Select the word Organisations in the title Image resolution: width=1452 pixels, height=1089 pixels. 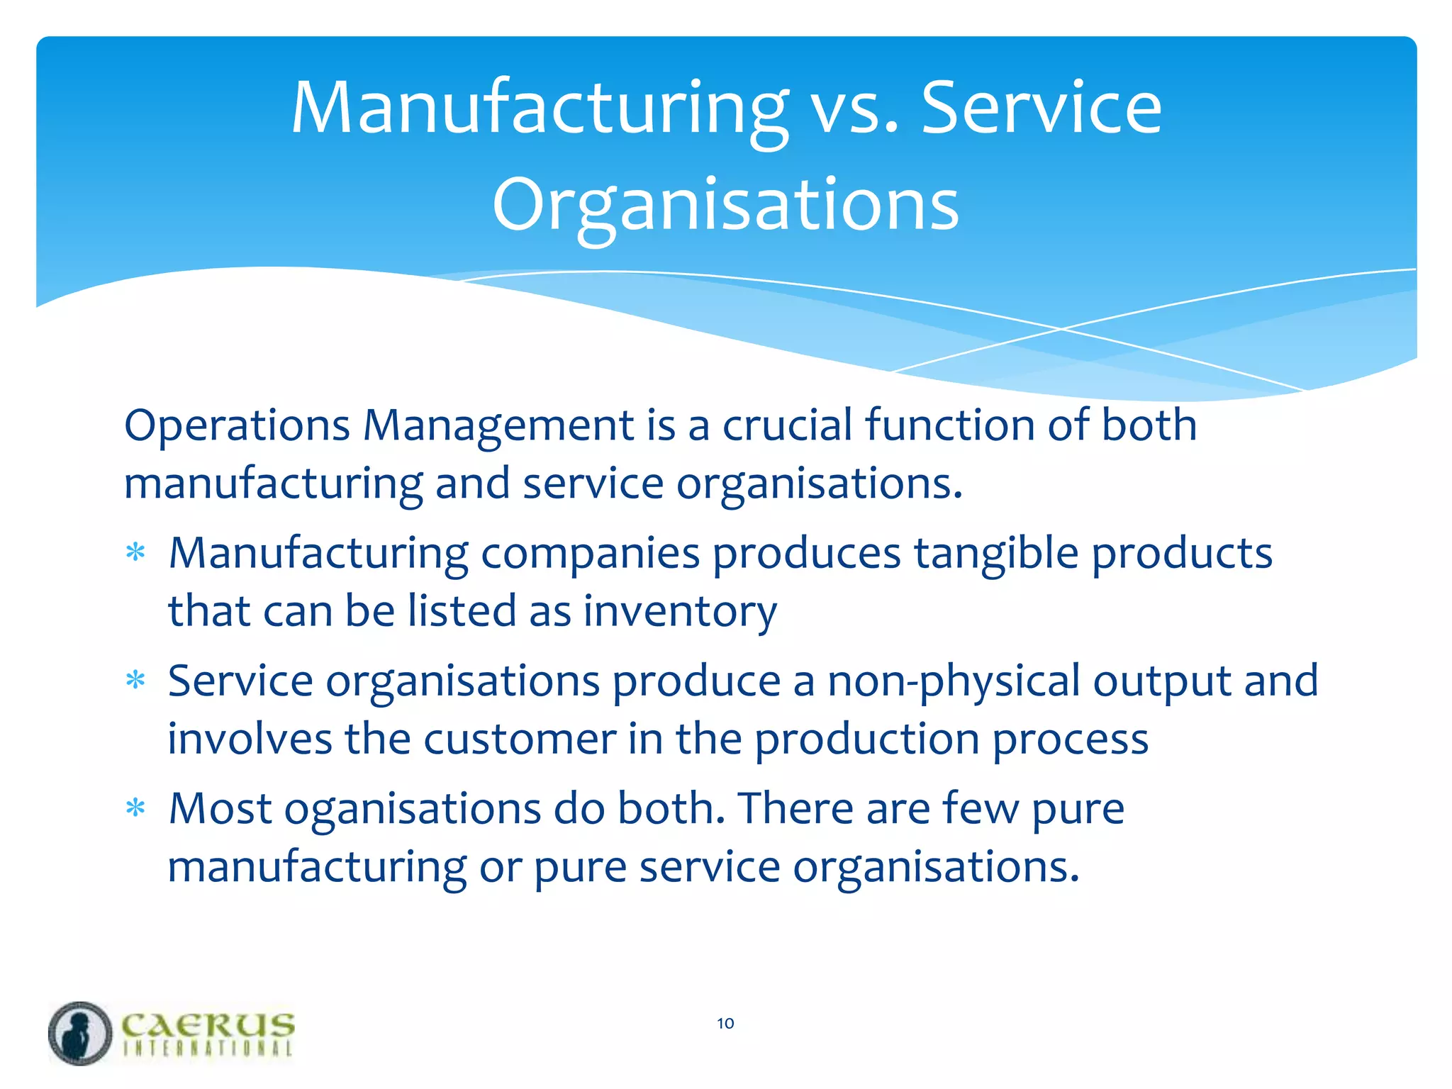725,206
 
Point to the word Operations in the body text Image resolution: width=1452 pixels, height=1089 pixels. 237,426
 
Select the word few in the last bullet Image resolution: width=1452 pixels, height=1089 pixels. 981,809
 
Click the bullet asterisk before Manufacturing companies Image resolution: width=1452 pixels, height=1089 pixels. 135,552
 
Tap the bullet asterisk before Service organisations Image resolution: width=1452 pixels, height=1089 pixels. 135,681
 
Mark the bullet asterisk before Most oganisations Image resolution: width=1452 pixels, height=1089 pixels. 135,808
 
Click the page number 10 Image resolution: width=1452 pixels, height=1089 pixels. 725,1023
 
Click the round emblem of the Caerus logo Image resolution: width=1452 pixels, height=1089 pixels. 80,1033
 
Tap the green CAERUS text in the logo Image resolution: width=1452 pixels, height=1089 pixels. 207,1025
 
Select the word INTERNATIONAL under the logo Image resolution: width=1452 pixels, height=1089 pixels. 207,1049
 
